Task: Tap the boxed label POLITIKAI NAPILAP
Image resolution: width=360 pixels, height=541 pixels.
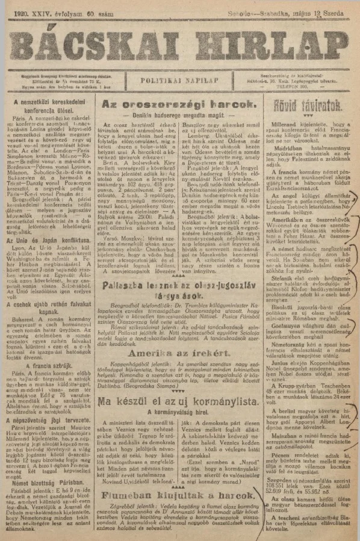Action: [180, 81]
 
